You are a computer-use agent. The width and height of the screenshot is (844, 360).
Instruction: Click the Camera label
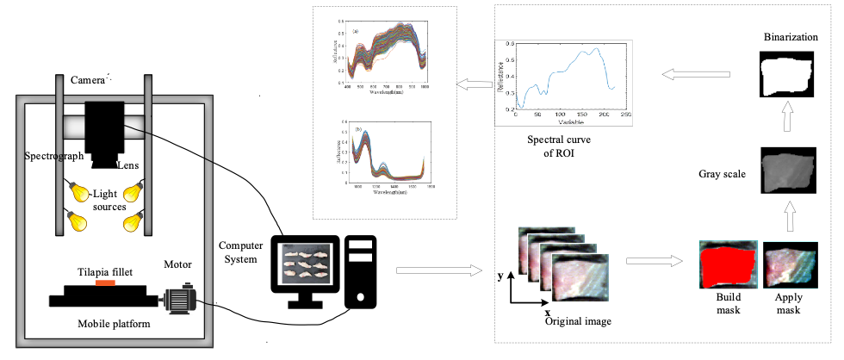point(87,80)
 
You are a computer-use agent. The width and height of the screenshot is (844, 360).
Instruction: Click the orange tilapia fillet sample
point(105,282)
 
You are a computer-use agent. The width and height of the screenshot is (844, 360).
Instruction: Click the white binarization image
point(785,75)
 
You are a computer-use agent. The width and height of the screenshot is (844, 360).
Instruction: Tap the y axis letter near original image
point(500,277)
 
